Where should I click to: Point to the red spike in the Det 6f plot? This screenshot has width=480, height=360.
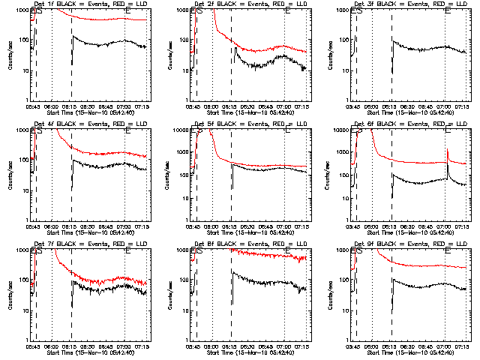pos(448,154)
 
